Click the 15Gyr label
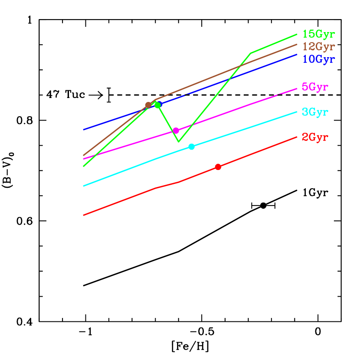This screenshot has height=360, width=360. coord(318,34)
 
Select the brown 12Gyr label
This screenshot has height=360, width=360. coord(318,46)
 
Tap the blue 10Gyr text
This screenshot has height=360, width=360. coord(318,59)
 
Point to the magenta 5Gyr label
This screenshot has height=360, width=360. coord(315,87)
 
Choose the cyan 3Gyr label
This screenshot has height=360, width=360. coord(315,112)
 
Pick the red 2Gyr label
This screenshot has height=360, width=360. coord(315,137)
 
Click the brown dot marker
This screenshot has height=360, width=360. coord(148,105)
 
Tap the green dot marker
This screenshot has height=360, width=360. coord(157,105)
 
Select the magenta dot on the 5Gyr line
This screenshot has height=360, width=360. coord(176,131)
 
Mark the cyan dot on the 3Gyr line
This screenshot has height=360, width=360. coord(191,147)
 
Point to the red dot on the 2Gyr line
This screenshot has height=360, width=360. coord(218,167)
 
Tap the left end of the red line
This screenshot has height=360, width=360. coord(83,215)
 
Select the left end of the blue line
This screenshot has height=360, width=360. coord(83,130)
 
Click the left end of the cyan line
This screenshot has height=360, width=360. coord(83,186)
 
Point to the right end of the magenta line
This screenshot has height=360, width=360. coord(297,88)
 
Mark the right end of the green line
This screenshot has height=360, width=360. coord(297,34)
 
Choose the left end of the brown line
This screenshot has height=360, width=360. coord(83,155)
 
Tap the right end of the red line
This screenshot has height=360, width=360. coord(297,137)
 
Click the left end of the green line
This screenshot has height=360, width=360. coord(83,166)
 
